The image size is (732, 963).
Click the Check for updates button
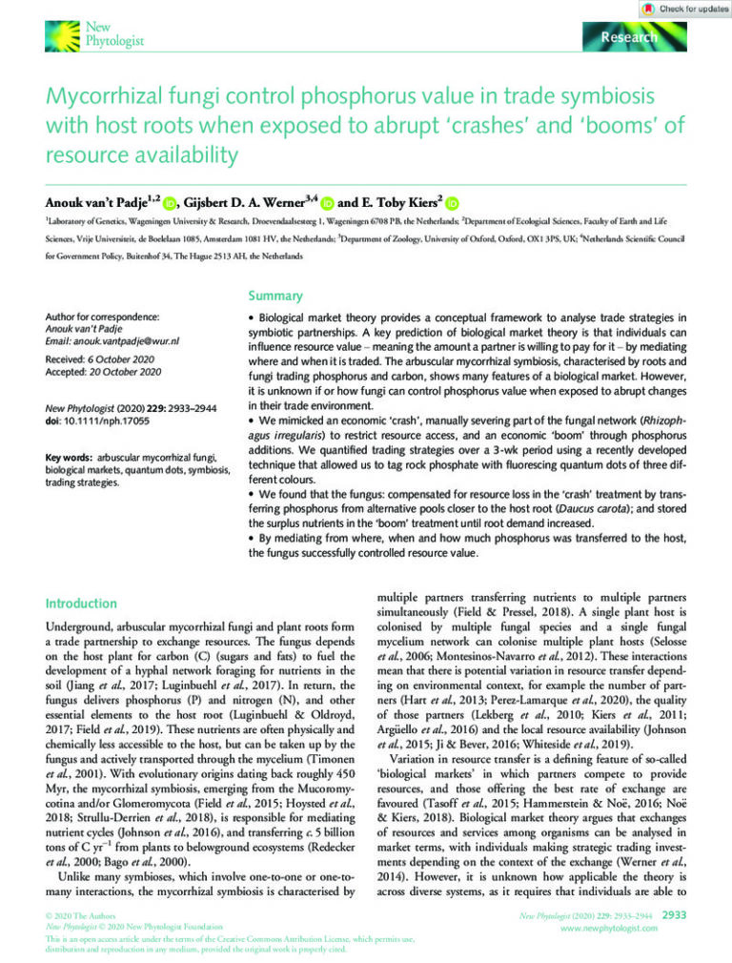681,9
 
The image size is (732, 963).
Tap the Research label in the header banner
629,37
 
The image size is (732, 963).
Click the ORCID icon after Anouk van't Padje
170,202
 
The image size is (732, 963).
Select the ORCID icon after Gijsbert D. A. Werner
326,202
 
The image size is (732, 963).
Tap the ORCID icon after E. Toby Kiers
452,202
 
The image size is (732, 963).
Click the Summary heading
276,296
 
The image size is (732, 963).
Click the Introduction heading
82,604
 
